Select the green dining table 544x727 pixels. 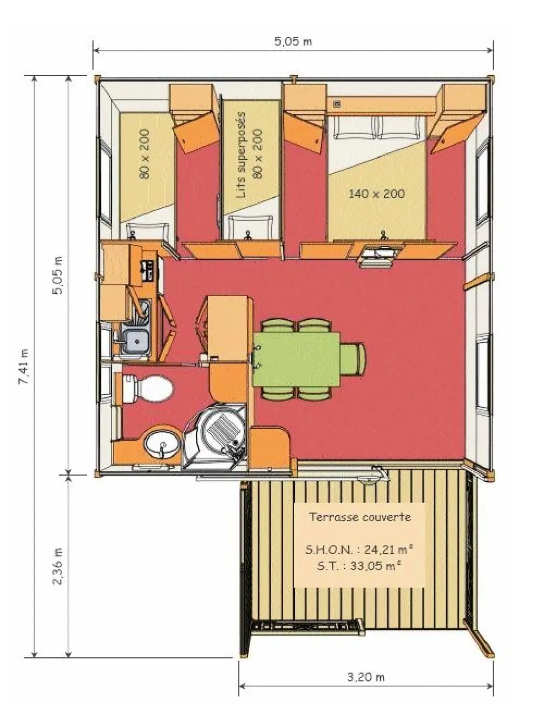(x=296, y=359)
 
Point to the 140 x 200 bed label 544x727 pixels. (x=376, y=193)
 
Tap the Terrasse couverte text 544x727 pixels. (x=360, y=517)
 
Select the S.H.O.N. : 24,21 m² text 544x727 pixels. (x=360, y=549)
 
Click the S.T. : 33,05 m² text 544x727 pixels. (x=360, y=566)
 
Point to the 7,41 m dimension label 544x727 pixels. (x=24, y=366)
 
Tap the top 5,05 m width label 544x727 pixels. (x=293, y=42)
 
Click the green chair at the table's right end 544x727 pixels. (x=353, y=359)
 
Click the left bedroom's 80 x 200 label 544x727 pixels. (x=144, y=154)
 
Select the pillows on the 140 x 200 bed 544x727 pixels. (x=377, y=127)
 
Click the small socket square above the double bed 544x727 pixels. (x=337, y=104)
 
